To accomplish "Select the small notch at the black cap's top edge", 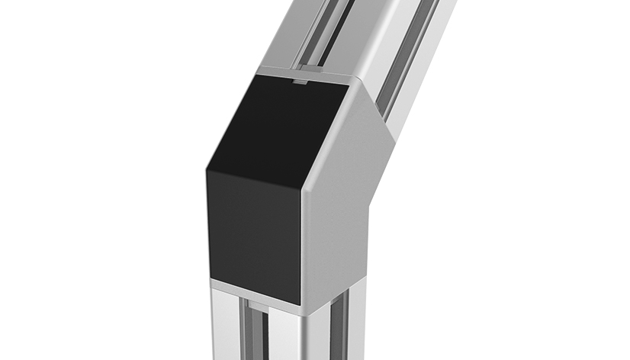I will tap(302, 79).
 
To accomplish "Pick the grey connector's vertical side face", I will tap(336, 252).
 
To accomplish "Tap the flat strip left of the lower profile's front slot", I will tap(226, 328).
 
